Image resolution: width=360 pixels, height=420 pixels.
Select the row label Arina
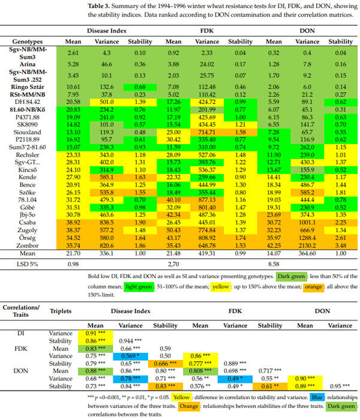21,63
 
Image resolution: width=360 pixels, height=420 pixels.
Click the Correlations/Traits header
21,311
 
